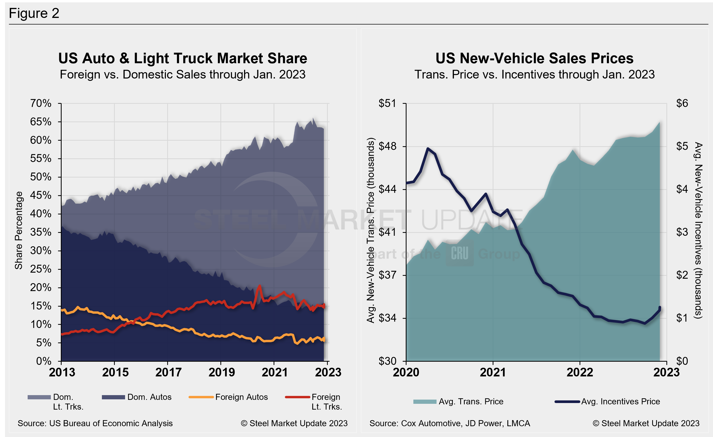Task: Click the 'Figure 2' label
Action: (34, 13)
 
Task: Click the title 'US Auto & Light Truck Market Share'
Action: (182, 58)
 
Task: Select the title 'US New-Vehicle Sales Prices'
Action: (534, 58)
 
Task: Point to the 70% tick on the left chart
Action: (41, 103)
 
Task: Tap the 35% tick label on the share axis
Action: (41, 232)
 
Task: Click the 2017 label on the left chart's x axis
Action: (168, 372)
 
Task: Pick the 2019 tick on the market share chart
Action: (221, 372)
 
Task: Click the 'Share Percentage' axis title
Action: (19, 230)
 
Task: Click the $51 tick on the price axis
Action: (387, 103)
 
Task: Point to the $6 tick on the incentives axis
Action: (682, 103)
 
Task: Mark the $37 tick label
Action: (387, 275)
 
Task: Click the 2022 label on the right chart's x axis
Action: (580, 372)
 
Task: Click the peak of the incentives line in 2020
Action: (428, 149)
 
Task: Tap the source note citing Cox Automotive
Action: (449, 423)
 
